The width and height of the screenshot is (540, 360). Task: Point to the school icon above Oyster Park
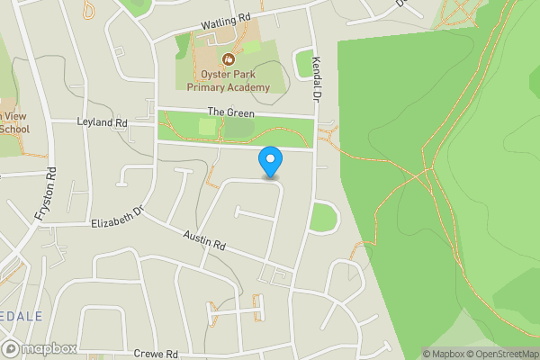point(214,58)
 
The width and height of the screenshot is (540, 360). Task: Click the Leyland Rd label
point(103,121)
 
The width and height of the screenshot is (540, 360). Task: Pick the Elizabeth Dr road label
point(118,217)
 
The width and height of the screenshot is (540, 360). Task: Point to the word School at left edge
point(13,130)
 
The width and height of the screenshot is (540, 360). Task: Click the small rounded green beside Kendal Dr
point(322,217)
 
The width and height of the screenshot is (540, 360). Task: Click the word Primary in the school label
point(208,87)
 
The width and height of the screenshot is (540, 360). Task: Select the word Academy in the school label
point(249,87)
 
